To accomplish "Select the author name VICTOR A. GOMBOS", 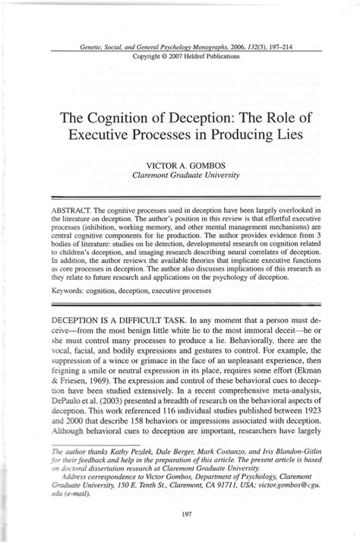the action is [185, 163].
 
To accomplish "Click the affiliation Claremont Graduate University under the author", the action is [185, 175].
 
